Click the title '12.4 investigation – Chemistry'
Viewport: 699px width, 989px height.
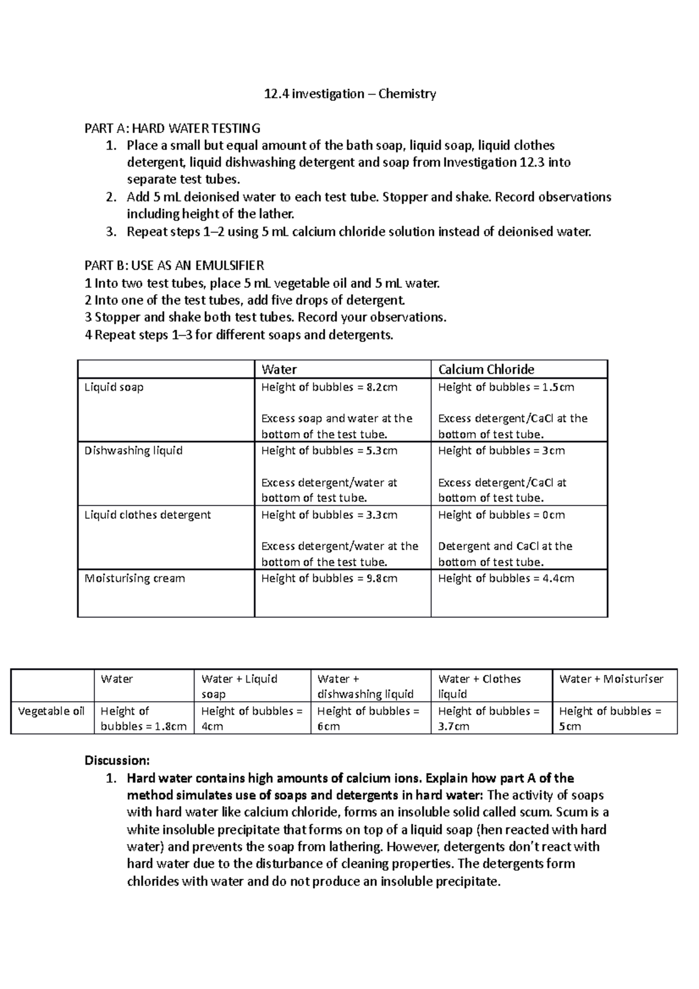(x=349, y=94)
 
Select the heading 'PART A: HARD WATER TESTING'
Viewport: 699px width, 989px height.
(x=172, y=128)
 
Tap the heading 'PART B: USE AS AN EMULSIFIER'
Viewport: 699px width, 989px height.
(x=174, y=266)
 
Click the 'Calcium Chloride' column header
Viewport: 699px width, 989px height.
(x=486, y=369)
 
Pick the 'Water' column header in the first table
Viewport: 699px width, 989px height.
(x=279, y=369)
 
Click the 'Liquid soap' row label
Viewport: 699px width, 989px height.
(x=114, y=387)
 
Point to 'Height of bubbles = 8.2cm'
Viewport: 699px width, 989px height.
(x=329, y=387)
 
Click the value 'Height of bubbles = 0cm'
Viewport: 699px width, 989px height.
(x=501, y=515)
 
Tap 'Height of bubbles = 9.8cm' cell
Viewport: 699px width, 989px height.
(x=329, y=578)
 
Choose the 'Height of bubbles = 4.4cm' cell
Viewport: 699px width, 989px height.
(x=506, y=578)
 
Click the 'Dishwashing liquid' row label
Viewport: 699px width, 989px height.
(x=133, y=451)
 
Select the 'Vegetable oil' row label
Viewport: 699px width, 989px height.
(x=51, y=711)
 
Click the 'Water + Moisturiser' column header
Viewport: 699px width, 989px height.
(x=611, y=679)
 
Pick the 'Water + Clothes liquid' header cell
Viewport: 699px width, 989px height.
(x=479, y=686)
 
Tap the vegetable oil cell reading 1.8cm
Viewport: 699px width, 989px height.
(x=143, y=719)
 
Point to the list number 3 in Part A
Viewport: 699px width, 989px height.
(x=112, y=232)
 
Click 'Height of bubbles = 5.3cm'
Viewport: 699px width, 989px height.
(x=329, y=451)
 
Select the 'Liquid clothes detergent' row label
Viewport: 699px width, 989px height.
(x=147, y=515)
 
